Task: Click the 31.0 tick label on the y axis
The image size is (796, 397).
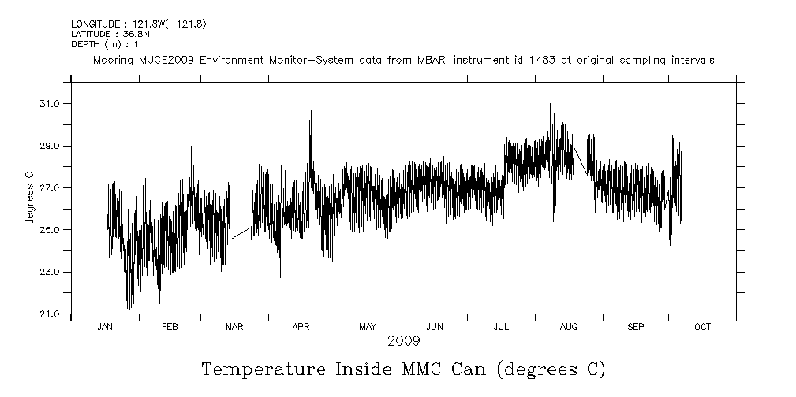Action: (x=50, y=104)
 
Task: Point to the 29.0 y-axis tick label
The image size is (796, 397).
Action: (x=50, y=147)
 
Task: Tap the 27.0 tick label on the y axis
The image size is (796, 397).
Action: (x=50, y=188)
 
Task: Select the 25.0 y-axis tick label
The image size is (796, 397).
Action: (x=50, y=230)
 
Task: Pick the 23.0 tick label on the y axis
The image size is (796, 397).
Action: (x=50, y=272)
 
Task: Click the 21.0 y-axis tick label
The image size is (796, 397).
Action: (x=50, y=314)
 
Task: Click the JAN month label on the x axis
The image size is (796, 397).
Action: (x=105, y=327)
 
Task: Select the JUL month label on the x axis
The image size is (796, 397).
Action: (x=501, y=327)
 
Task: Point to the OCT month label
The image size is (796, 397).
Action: (x=702, y=327)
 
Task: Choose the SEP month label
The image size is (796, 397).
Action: (x=636, y=327)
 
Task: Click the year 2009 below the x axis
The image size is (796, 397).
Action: (x=403, y=342)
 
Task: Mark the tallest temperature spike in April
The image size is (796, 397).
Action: (x=312, y=87)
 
